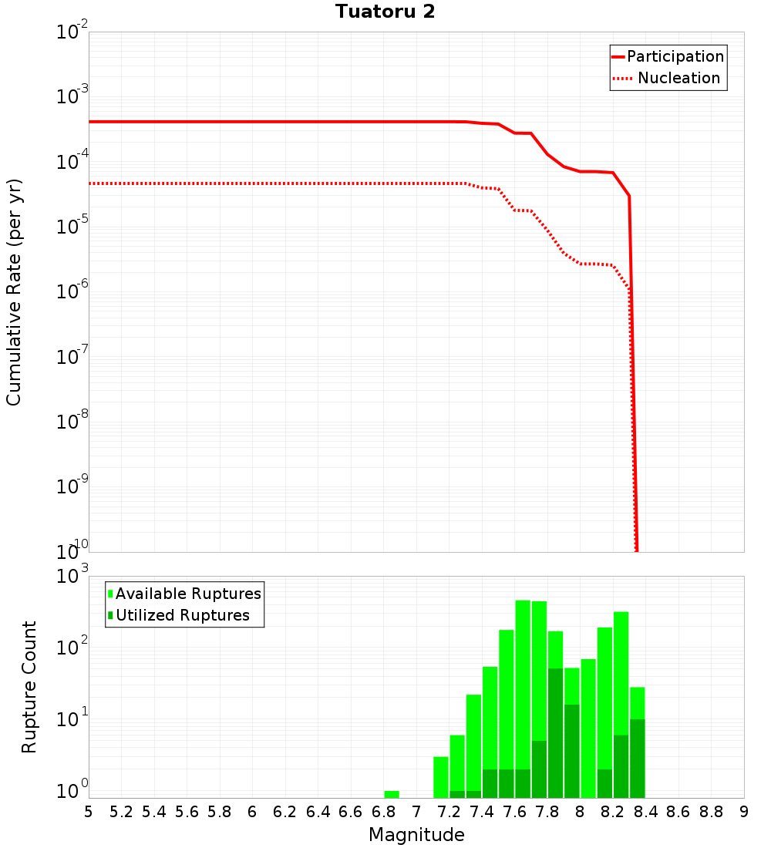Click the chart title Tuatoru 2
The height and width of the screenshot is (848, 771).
385,12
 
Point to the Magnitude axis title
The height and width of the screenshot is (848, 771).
416,835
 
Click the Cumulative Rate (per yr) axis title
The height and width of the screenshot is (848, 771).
14,291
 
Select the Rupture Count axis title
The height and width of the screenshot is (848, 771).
29,687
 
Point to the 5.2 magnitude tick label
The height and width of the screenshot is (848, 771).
121,812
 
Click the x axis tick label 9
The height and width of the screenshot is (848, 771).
744,812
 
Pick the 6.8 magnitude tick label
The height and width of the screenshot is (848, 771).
384,812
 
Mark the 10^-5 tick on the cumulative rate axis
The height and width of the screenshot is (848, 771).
72,227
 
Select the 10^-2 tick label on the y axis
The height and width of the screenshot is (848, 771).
72,32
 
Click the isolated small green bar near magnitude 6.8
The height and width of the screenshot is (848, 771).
392,794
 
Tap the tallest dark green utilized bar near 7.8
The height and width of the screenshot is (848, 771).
555,732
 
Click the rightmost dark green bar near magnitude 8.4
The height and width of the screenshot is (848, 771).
638,759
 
